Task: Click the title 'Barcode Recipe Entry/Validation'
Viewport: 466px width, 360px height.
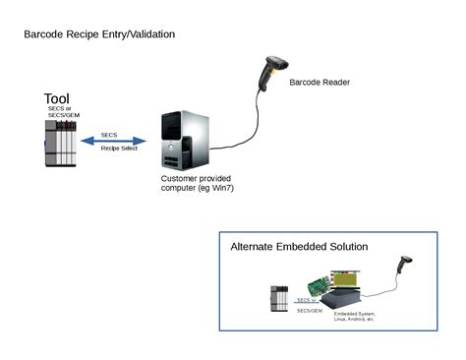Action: [x=99, y=34]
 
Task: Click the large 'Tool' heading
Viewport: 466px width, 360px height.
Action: [x=57, y=99]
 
